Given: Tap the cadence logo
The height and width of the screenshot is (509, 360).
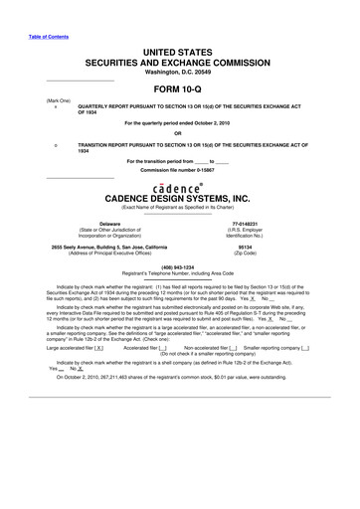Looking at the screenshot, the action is (x=179, y=187).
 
